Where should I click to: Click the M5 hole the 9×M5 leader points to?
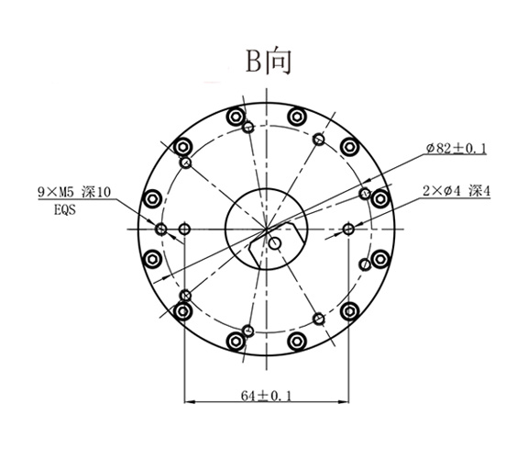[x=161, y=229]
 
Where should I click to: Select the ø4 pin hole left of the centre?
[x=186, y=228]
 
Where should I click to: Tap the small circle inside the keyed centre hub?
[x=275, y=243]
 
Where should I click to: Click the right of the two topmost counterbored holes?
[x=297, y=117]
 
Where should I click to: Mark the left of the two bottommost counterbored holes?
[x=236, y=342]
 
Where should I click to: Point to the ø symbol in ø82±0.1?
[x=430, y=148]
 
